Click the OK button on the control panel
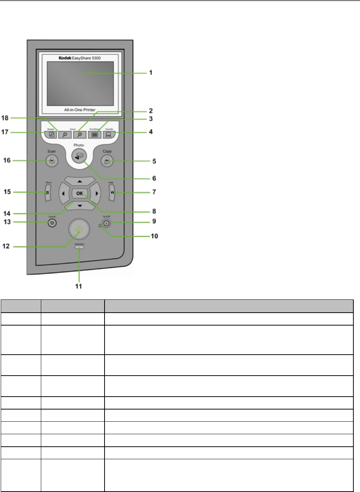80,193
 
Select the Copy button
107,161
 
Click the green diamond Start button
79,229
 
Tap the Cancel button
53,223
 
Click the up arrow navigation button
80,182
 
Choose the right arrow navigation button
96,193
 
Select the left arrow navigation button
63,193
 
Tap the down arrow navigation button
80,205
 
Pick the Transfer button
109,134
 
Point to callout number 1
151,73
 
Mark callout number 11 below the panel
79,286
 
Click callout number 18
5,118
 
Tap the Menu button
48,193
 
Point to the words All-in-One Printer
80,110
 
